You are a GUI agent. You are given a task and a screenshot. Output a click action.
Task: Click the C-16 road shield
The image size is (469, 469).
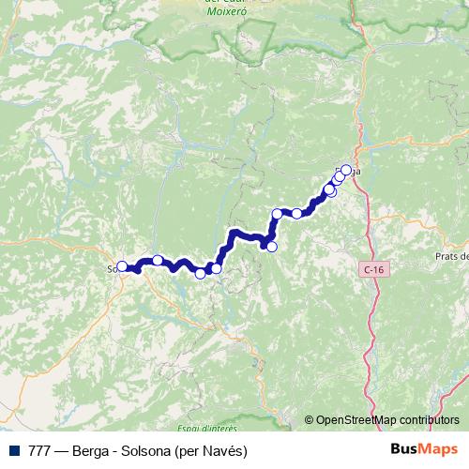[x=373, y=269]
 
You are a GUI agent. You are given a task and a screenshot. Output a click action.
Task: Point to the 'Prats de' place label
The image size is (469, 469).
[x=451, y=257]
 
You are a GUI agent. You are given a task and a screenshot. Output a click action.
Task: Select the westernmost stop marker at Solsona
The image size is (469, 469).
[x=122, y=266]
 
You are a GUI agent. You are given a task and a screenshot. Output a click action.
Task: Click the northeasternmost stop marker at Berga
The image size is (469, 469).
[x=346, y=170]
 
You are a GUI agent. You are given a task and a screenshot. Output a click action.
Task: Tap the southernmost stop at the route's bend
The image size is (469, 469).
[x=272, y=247]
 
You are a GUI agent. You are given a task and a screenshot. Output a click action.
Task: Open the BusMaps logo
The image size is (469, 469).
[x=425, y=450]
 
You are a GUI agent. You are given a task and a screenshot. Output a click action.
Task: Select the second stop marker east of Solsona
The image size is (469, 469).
[x=200, y=273]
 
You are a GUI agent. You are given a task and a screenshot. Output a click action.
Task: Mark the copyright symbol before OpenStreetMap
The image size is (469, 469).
[x=309, y=420]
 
